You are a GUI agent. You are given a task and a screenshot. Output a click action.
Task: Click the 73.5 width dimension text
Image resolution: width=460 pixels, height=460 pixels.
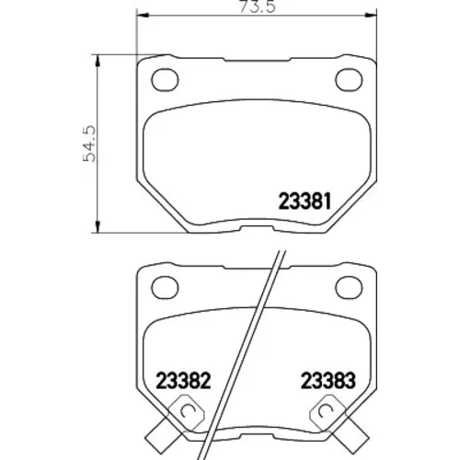click(x=257, y=6)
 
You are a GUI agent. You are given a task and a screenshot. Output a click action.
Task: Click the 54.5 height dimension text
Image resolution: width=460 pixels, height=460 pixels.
click(x=89, y=144)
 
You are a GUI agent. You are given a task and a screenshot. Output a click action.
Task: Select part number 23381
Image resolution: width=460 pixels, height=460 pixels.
click(x=305, y=201)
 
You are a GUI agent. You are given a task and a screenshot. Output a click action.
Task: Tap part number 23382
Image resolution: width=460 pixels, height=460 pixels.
click(x=183, y=380)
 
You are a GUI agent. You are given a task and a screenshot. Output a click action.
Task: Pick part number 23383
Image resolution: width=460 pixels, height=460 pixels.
click(x=328, y=380)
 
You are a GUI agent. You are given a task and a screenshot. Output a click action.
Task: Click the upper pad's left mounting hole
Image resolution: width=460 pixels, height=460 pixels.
click(x=165, y=79)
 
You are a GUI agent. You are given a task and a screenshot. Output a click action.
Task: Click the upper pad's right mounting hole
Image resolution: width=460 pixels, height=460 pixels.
click(x=349, y=79)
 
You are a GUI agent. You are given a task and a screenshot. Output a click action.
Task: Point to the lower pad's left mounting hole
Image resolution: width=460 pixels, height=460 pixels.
click(x=165, y=288)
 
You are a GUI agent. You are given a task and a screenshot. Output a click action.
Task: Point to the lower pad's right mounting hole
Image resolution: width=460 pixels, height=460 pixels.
click(x=349, y=288)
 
